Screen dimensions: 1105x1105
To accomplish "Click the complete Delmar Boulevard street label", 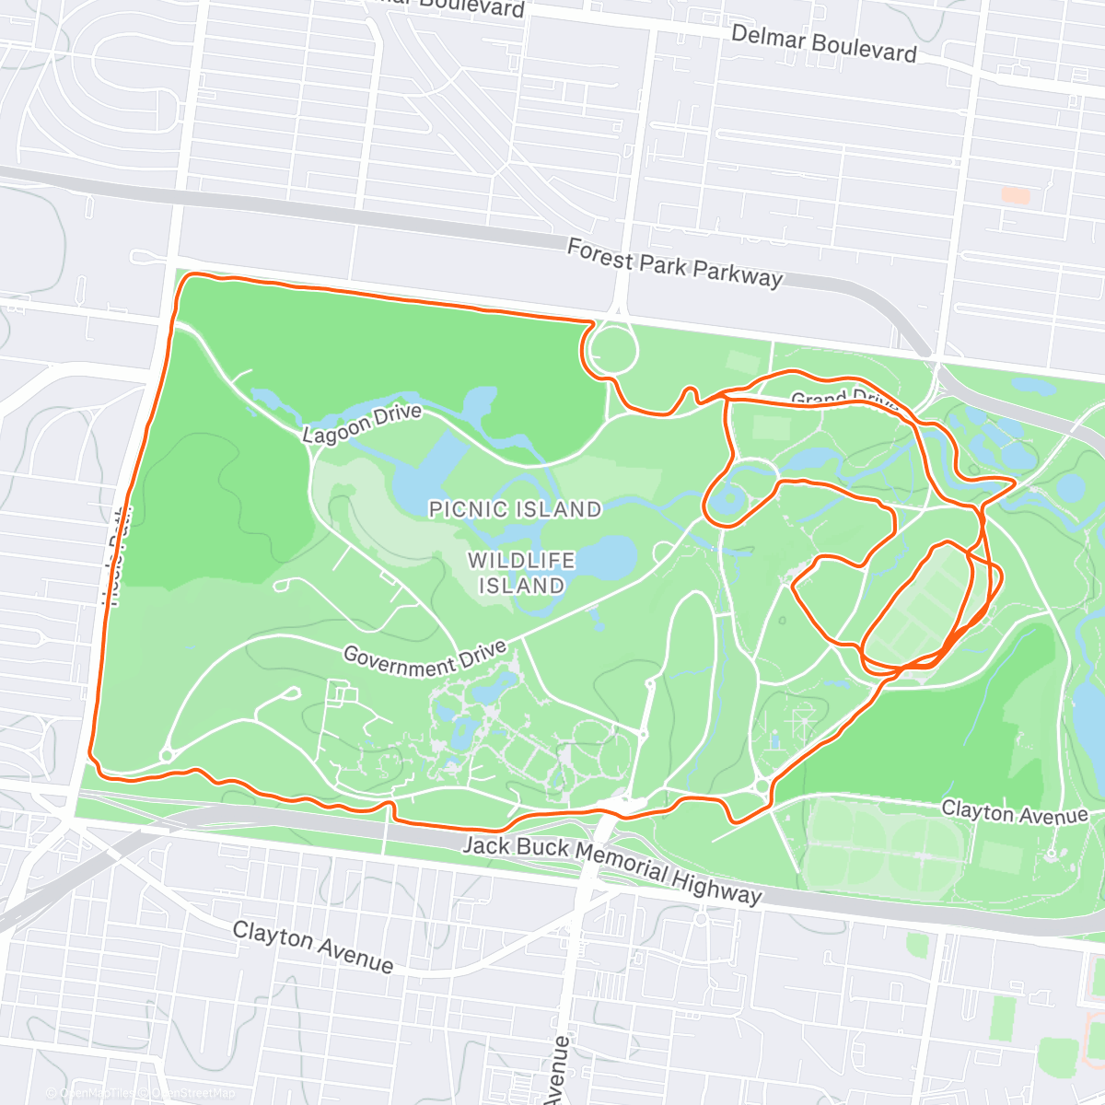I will pyautogui.click(x=823, y=43).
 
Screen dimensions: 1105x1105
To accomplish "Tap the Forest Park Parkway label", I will pyautogui.click(x=674, y=263).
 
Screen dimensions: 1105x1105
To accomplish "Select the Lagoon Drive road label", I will pyautogui.click(x=362, y=424).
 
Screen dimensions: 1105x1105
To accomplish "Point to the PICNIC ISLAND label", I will pyautogui.click(x=515, y=509).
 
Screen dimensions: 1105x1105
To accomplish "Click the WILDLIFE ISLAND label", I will pyautogui.click(x=521, y=573).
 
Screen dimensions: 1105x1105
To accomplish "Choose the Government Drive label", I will pyautogui.click(x=425, y=657).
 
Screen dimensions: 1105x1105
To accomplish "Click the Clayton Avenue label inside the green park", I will pyautogui.click(x=1014, y=812).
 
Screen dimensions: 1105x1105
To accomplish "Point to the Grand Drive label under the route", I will pyautogui.click(x=843, y=400).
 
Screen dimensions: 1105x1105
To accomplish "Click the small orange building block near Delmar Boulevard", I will pyautogui.click(x=1015, y=195).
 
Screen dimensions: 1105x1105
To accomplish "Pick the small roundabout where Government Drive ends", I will pyautogui.click(x=168, y=756).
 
